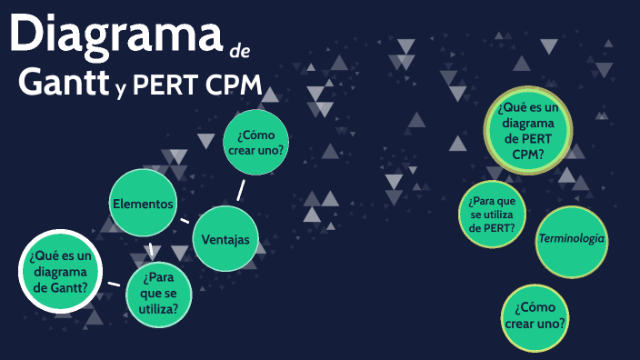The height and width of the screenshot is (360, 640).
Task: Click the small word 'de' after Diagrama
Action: [x=240, y=47]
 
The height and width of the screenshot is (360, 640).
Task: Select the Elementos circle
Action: [x=142, y=204]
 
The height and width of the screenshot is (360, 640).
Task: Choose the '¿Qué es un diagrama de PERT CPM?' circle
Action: [x=527, y=132]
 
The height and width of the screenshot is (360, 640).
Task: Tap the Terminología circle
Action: [x=572, y=239]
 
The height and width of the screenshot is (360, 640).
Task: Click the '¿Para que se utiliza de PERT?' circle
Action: [x=493, y=215]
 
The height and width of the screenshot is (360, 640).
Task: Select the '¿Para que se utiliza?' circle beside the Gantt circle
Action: [x=159, y=293]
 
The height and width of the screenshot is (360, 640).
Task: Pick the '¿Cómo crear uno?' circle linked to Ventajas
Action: [x=255, y=143]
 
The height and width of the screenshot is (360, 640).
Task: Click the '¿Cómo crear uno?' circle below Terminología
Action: [x=535, y=315]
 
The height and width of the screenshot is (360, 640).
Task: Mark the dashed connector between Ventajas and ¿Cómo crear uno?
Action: [x=241, y=189]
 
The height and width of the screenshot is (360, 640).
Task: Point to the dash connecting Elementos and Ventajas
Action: [x=185, y=220]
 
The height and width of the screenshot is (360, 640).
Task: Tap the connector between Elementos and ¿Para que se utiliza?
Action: [x=150, y=249]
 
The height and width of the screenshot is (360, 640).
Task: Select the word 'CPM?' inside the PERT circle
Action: [x=527, y=155]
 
